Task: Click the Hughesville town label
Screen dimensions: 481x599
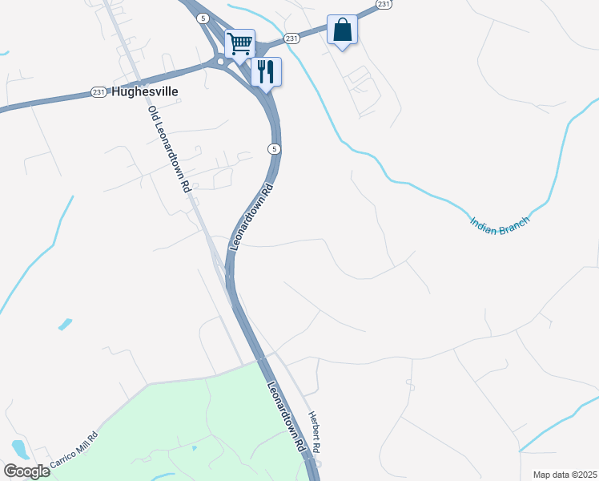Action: (145, 92)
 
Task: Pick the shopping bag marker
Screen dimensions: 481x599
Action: (342, 30)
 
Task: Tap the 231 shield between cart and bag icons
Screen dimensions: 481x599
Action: (291, 38)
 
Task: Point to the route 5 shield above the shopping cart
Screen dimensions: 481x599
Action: (206, 18)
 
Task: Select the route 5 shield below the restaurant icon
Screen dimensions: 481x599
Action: (274, 149)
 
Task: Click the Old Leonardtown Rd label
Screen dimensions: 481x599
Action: (168, 149)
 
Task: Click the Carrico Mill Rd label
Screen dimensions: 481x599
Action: (74, 451)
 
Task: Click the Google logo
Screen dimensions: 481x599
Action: (26, 471)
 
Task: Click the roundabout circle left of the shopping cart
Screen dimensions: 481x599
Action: (220, 61)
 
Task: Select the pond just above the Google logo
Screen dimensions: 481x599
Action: (18, 447)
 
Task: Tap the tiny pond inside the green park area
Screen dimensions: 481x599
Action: (195, 447)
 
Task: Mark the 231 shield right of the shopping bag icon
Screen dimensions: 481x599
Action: (384, 4)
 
